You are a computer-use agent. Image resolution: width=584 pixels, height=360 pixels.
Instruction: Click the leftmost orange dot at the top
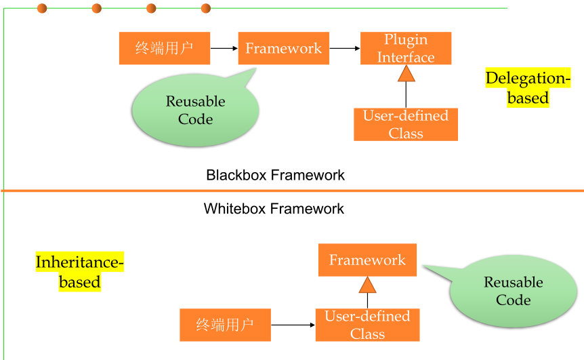click(42, 8)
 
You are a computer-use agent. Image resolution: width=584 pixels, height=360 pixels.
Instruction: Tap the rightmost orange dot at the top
click(206, 8)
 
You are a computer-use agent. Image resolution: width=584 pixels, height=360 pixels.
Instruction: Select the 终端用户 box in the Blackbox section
click(165, 48)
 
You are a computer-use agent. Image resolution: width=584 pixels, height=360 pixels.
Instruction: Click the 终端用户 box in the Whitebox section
click(225, 325)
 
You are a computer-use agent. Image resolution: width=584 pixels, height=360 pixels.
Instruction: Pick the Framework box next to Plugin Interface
click(283, 48)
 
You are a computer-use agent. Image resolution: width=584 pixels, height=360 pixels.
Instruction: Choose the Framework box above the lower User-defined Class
click(367, 260)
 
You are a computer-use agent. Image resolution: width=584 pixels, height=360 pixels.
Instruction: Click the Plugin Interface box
click(405, 48)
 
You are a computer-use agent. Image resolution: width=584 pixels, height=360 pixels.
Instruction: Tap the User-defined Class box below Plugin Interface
click(405, 124)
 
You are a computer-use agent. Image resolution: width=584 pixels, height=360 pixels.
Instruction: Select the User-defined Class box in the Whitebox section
click(367, 325)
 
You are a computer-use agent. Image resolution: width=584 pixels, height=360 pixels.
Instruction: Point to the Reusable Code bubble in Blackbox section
click(195, 111)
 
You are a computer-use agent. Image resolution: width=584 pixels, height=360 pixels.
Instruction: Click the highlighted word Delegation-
click(528, 79)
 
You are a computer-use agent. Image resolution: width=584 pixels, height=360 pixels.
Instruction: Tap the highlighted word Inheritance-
click(80, 262)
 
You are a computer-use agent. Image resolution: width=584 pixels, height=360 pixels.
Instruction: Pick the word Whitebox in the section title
click(234, 209)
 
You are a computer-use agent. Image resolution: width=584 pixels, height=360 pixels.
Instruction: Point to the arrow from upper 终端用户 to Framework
click(224, 48)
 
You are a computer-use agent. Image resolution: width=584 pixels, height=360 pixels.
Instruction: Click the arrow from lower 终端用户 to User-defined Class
click(293, 325)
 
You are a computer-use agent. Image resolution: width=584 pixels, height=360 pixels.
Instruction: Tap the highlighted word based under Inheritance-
click(80, 282)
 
